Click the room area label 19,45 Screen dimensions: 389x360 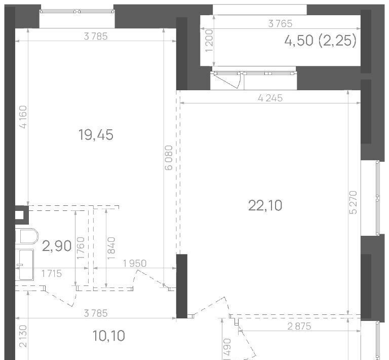click(x=96, y=135)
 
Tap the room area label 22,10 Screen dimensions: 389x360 click(x=265, y=205)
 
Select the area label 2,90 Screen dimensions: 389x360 click(x=57, y=246)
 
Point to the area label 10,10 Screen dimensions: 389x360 click(x=109, y=336)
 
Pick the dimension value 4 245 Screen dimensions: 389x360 click(x=270, y=98)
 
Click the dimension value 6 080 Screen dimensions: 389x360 click(x=169, y=158)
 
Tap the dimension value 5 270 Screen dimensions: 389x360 click(x=353, y=202)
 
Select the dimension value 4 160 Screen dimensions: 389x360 click(x=23, y=117)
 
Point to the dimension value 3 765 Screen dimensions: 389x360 click(x=280, y=24)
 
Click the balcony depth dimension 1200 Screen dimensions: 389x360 click(x=209, y=41)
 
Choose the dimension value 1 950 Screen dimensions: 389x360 click(x=135, y=263)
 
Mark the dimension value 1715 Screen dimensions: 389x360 click(x=52, y=274)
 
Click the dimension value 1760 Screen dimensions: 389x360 click(x=81, y=248)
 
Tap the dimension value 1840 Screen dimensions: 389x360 click(x=111, y=248)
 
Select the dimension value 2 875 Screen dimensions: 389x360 click(x=299, y=326)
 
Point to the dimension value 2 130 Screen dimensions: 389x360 click(x=23, y=336)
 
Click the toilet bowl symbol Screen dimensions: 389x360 click(x=27, y=236)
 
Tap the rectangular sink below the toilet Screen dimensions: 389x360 click(x=24, y=265)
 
